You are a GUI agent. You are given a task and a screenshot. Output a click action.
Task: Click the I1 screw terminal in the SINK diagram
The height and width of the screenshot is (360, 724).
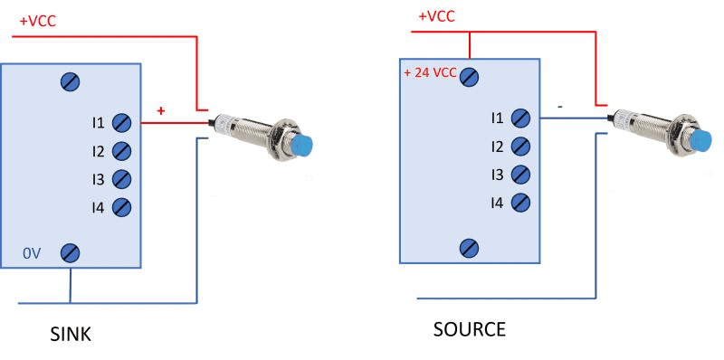[121, 123]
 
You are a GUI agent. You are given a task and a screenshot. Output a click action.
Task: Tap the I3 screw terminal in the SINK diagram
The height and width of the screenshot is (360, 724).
[121, 179]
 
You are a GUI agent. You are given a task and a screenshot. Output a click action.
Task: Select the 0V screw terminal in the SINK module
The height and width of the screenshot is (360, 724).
[71, 253]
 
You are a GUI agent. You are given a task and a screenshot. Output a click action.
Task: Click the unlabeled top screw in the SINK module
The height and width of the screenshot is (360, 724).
[71, 82]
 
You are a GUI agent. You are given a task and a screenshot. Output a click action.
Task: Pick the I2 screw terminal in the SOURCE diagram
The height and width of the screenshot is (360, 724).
[520, 147]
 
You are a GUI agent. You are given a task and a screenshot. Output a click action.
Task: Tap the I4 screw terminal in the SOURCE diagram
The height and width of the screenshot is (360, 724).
[520, 202]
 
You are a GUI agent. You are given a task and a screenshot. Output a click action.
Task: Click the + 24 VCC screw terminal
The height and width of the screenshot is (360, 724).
[469, 77]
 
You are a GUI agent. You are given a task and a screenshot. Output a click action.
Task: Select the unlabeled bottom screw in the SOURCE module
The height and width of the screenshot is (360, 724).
[469, 248]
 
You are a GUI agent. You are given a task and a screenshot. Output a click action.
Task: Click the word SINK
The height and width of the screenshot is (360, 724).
[71, 334]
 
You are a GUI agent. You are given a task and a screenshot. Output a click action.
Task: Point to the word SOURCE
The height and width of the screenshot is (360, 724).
[469, 329]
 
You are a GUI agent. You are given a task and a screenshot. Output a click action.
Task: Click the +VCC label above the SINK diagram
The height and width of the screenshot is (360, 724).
[37, 22]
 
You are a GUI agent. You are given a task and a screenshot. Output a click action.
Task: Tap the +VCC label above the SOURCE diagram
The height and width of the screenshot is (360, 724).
[436, 16]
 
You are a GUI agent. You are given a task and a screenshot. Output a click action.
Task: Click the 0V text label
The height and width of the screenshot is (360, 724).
[32, 253]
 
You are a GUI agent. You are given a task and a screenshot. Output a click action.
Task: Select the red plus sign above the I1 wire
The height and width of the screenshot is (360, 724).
[161, 110]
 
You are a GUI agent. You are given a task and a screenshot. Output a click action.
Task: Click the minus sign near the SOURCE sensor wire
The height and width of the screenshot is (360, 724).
[559, 107]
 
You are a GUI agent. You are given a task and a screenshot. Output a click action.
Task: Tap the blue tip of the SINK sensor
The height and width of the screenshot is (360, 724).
[302, 146]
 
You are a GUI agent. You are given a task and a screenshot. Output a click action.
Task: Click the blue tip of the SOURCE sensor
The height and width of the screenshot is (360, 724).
[701, 141]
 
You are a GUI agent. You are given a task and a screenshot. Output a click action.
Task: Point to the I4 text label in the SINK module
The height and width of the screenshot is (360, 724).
[98, 208]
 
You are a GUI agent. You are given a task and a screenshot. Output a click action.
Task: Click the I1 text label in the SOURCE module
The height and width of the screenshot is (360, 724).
[497, 118]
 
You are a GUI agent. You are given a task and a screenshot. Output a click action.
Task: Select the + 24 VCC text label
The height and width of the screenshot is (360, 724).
[430, 73]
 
